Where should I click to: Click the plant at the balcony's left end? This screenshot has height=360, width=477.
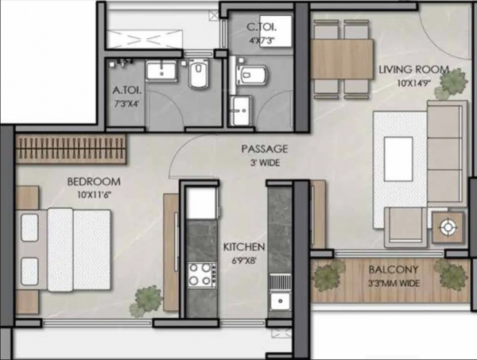[328, 276]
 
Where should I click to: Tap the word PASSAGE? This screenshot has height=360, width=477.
[265, 149]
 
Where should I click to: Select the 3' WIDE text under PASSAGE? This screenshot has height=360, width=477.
[265, 163]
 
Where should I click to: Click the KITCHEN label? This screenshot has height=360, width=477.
[243, 246]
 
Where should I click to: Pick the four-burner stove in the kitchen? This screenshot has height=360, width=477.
[201, 275]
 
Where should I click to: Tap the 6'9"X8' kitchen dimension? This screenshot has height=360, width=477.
[243, 260]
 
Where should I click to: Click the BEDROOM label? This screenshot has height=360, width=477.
[94, 180]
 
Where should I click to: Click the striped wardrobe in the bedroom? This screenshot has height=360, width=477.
[72, 147]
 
